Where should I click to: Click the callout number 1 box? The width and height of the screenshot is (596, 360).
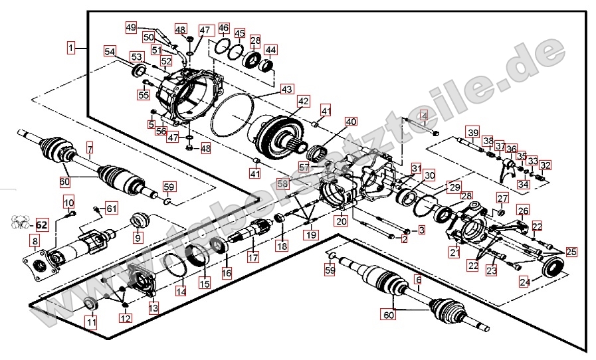(71, 48)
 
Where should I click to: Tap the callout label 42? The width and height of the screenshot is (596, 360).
(303, 102)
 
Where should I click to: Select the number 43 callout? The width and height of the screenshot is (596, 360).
(286, 88)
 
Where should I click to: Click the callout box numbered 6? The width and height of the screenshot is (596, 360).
(418, 281)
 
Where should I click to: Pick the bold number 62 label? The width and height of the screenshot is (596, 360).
(42, 225)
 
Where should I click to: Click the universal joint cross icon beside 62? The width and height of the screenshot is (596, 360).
(20, 224)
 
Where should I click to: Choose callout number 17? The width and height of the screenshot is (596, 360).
(252, 257)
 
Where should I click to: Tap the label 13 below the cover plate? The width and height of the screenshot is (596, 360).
(153, 308)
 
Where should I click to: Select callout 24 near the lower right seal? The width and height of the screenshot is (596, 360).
(525, 283)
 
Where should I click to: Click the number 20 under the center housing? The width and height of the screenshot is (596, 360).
(341, 221)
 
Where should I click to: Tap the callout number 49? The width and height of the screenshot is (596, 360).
(131, 27)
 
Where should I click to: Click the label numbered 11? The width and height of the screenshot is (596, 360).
(90, 323)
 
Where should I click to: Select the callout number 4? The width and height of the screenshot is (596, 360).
(423, 118)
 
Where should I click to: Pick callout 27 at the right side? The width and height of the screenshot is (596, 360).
(502, 199)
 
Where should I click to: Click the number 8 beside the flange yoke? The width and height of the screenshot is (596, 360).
(34, 240)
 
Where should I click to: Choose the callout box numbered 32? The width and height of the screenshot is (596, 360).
(546, 165)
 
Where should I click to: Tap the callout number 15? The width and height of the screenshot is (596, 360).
(205, 282)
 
